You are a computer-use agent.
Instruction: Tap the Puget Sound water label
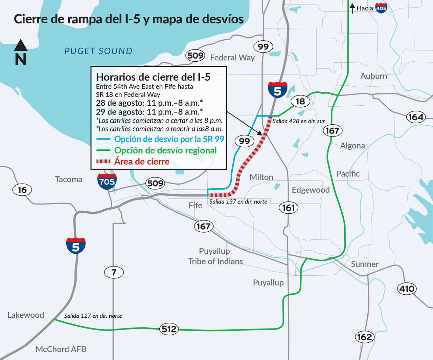pyautogui.click(x=98, y=51)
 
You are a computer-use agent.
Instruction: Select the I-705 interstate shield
pyautogui.click(x=107, y=181)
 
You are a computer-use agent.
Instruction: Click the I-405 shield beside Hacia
pyautogui.click(x=381, y=8)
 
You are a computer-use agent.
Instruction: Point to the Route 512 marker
pyautogui.click(x=169, y=329)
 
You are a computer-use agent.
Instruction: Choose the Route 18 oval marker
pyautogui.click(x=300, y=101)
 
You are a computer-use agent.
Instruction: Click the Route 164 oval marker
pyautogui.click(x=415, y=117)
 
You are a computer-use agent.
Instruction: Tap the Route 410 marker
pyautogui.click(x=407, y=289)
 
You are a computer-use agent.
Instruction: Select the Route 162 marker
pyautogui.click(x=364, y=337)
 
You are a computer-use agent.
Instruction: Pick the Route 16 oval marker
pyautogui.click(x=22, y=190)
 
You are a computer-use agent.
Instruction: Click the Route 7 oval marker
pyautogui.click(x=114, y=272)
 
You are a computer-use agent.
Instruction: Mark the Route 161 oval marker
pyautogui.click(x=289, y=208)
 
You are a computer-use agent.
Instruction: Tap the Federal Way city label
pyautogui.click(x=232, y=58)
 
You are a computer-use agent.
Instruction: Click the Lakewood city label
pyautogui.click(x=26, y=315)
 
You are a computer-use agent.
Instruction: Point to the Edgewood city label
pyautogui.click(x=311, y=190)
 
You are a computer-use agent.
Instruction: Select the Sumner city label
pyautogui.click(x=365, y=264)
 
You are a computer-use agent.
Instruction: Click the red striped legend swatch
pyautogui.click(x=103, y=162)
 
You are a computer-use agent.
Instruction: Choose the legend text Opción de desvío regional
pyautogui.click(x=165, y=150)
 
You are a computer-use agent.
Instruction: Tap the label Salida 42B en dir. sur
pyautogui.click(x=299, y=121)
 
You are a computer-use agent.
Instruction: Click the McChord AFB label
pyautogui.click(x=61, y=349)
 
